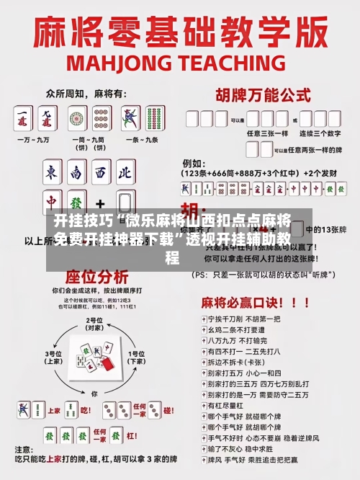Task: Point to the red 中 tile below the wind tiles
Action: pos(52,202)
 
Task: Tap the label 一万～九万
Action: pos(35,139)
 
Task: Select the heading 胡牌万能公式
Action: pos(258,94)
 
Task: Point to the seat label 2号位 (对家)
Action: pos(94,324)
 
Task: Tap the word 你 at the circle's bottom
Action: pos(94,394)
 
